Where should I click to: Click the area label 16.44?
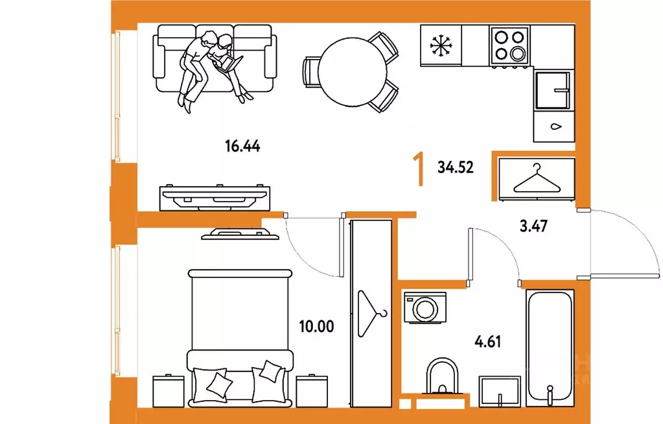pyautogui.click(x=242, y=147)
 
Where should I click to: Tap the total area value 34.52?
pyautogui.click(x=456, y=167)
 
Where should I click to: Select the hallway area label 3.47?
pyautogui.click(x=533, y=226)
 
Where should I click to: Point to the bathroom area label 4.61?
pyautogui.click(x=488, y=341)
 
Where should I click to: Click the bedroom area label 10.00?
pyautogui.click(x=316, y=327)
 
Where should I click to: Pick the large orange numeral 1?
pyautogui.click(x=419, y=170)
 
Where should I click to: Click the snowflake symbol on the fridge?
pyautogui.click(x=441, y=45)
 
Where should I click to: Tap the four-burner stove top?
pyautogui.click(x=509, y=45)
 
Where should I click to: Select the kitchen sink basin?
pyautogui.click(x=553, y=90)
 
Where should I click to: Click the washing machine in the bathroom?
pyautogui.click(x=425, y=308)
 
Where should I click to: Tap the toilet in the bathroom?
pyautogui.click(x=442, y=377)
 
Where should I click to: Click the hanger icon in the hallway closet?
pyautogui.click(x=537, y=179)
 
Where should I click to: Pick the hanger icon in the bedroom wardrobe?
pyautogui.click(x=370, y=313)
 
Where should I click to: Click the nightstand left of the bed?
pyautogui.click(x=169, y=391)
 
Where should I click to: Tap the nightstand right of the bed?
pyautogui.click(x=312, y=391)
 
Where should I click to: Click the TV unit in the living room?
pyautogui.click(x=215, y=198)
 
